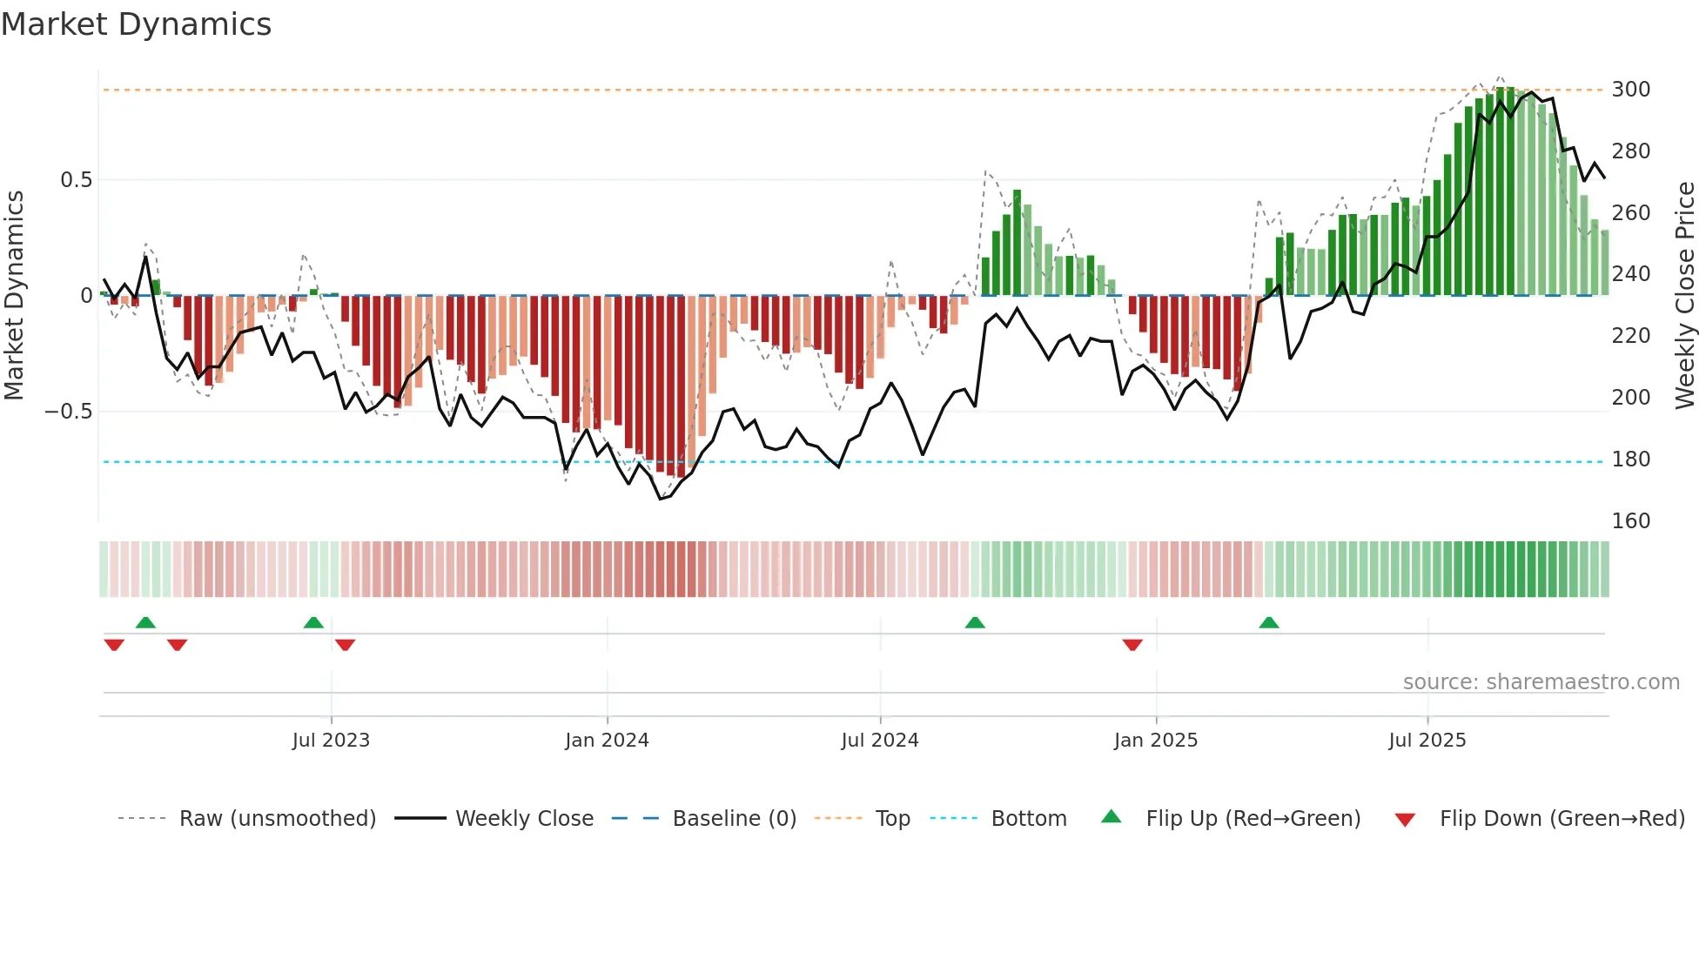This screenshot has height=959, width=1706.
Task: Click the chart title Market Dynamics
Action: pos(136,24)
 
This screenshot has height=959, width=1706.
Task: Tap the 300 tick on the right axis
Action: pos(1630,90)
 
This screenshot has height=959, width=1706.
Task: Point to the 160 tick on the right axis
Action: pos(1630,521)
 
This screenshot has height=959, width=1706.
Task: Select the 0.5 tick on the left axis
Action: pos(76,180)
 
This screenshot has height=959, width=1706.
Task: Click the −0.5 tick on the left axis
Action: pos(69,412)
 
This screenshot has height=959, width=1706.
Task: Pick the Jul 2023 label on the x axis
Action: pos(331,741)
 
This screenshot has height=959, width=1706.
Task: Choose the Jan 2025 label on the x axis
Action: pos(1155,741)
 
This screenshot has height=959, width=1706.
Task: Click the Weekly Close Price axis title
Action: pos(1685,296)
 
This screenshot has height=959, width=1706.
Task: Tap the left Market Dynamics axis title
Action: pos(14,296)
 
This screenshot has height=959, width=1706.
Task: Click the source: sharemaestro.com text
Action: pos(1541,682)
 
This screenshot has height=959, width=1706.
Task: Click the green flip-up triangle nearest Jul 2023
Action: pos(313,623)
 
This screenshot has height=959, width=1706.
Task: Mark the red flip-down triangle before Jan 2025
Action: pos(1132,645)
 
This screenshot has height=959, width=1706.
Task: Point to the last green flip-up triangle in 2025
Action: pos(1269,623)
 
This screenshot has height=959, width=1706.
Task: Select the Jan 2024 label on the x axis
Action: pos(607,741)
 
